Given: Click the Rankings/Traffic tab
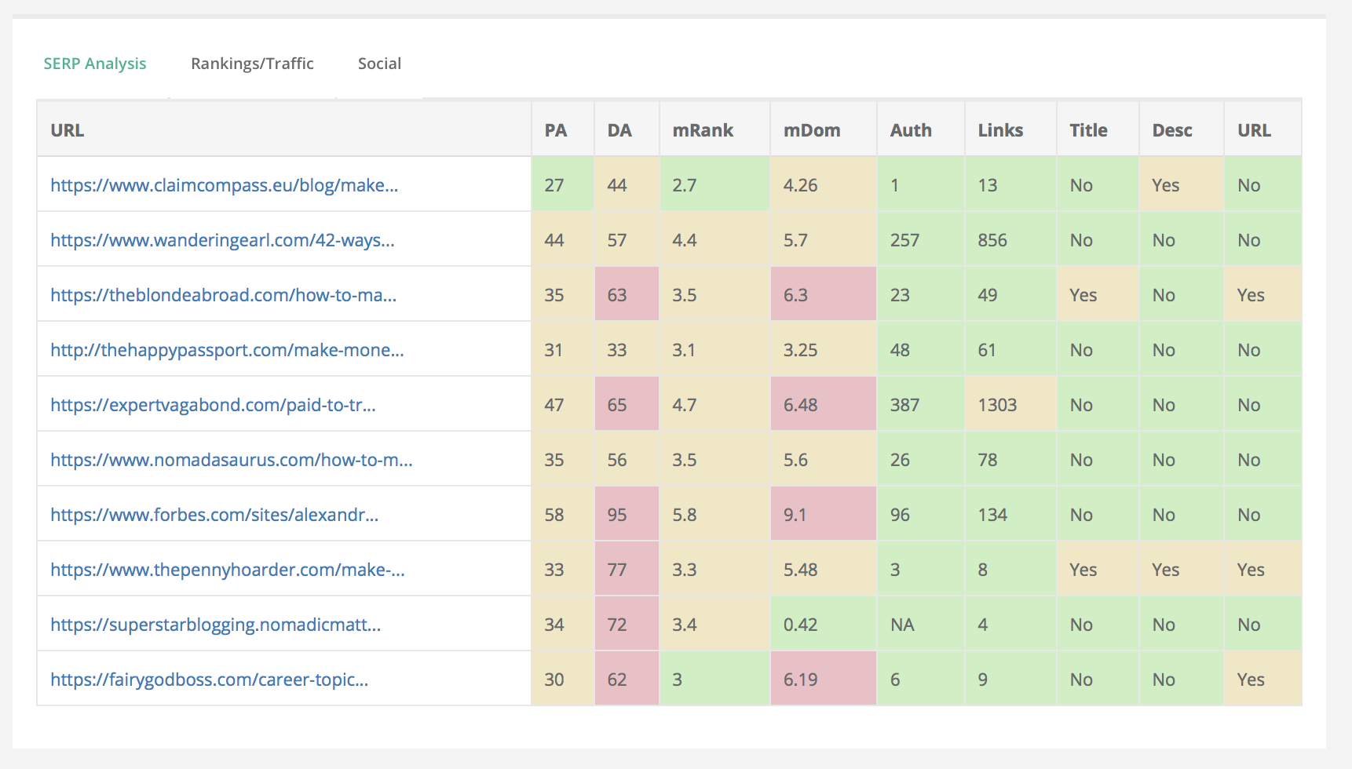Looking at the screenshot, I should pos(252,64).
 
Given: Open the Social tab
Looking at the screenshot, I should pos(379,64).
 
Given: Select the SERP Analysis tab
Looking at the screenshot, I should pos(95,64).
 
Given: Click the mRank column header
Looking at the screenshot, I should pos(703,130).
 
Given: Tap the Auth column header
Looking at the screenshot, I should pos(911,130).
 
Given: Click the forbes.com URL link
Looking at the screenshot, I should pos(214,515).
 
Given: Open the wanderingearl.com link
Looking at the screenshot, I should pos(222,240).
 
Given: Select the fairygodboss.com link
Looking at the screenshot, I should pos(209,680).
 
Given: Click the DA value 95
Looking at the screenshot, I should pos(617,515).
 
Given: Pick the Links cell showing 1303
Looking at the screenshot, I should pos(997,405).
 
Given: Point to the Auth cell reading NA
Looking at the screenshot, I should pos(902,625).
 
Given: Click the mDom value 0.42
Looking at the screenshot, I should pos(800,625).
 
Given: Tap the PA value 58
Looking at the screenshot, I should pos(554,515).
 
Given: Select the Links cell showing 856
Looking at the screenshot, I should pos(992,240).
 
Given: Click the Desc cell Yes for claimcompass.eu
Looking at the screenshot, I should pos(1165,185).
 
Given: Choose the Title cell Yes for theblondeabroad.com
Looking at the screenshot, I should pos(1083,295).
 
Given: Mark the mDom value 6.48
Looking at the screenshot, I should pos(800,405).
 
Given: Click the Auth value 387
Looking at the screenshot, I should pos(904,405).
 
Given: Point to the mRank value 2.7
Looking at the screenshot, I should pos(684,185).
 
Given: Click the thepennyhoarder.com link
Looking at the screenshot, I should pos(228,570).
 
